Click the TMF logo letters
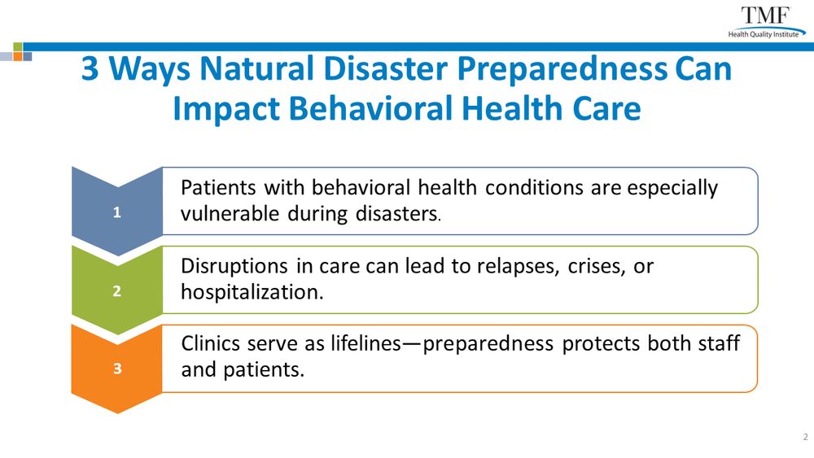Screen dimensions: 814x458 [x=765, y=15]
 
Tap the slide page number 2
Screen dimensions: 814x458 [x=806, y=437]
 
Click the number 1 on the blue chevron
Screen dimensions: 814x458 [x=116, y=212]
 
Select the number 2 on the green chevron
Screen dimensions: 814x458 [x=116, y=290]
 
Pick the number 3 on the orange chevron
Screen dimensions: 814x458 [x=116, y=369]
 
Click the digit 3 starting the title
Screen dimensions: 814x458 [x=90, y=69]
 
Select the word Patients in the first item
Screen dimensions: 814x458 [x=218, y=187]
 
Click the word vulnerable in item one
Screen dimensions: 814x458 [x=230, y=213]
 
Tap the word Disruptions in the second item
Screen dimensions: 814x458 [x=234, y=267]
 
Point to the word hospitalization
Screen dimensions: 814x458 [x=252, y=293]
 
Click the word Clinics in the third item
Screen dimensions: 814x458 [x=210, y=343]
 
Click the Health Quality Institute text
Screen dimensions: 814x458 [x=764, y=34]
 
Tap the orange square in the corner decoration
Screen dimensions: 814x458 [x=18, y=56]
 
